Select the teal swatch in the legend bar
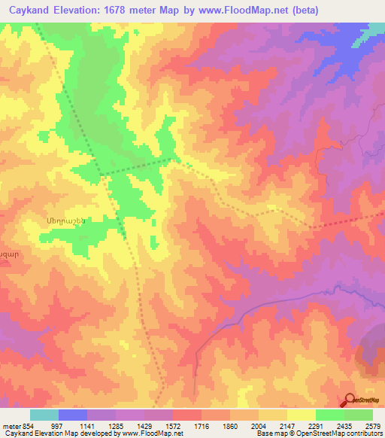[44, 415]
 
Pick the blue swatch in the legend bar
[73, 415]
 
